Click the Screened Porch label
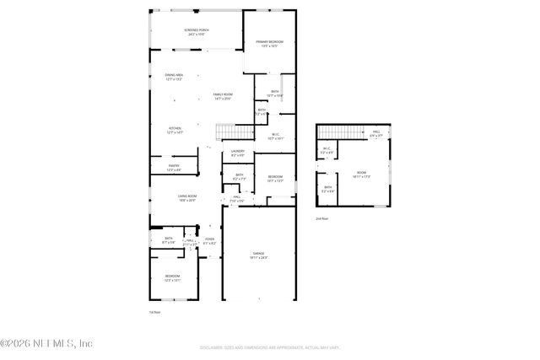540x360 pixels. pyautogui.click(x=197, y=31)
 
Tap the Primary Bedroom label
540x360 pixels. pyautogui.click(x=270, y=43)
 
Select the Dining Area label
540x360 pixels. pyautogui.click(x=174, y=78)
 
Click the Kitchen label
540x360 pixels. pyautogui.click(x=175, y=131)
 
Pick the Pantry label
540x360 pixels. pyautogui.click(x=174, y=168)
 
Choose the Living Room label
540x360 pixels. pyautogui.click(x=175, y=198)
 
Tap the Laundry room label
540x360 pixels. pyautogui.click(x=238, y=153)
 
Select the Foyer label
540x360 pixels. pyautogui.click(x=209, y=241)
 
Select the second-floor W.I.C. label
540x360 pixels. pyautogui.click(x=327, y=152)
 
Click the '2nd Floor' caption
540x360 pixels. pyautogui.click(x=321, y=219)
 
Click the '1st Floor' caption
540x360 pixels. pyautogui.click(x=154, y=312)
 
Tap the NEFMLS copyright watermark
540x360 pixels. pyautogui.click(x=46, y=343)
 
